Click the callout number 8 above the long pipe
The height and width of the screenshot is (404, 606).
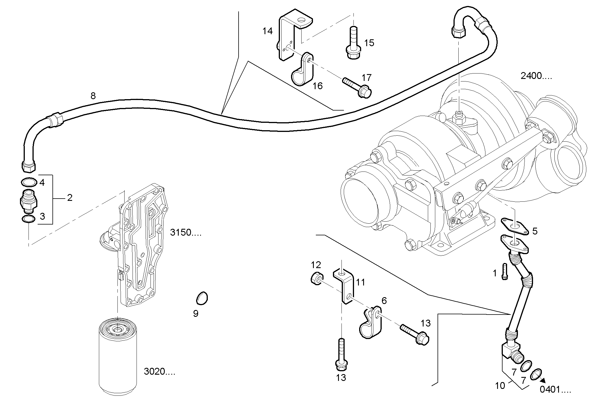(93, 96)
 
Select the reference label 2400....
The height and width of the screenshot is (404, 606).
(536, 76)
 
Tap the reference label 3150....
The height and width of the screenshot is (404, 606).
(186, 232)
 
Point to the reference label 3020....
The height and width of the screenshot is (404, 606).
(159, 372)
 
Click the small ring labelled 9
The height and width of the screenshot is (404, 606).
(202, 298)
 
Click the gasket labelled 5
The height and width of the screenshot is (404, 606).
(515, 226)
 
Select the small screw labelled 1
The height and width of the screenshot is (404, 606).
(504, 272)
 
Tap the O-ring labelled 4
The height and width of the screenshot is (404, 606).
(29, 181)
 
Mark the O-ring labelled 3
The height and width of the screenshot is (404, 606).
(29, 219)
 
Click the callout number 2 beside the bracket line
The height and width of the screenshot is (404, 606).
(70, 198)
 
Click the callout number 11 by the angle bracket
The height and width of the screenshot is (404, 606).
(360, 282)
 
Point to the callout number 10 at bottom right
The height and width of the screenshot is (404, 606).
(500, 385)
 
